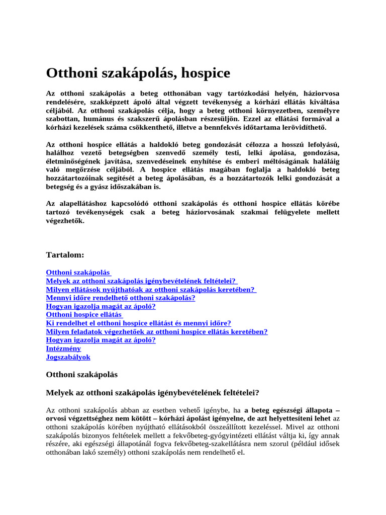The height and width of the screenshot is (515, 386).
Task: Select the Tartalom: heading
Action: click(65, 255)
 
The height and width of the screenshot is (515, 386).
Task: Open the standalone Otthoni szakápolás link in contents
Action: click(78, 272)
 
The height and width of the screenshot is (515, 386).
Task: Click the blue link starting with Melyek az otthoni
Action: click(141, 281)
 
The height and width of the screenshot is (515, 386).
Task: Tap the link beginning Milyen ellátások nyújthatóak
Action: click(151, 289)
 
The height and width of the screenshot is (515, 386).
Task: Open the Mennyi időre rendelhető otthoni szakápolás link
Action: click(121, 298)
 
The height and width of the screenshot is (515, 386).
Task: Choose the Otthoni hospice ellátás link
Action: click(85, 315)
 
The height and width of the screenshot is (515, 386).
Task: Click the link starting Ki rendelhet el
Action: click(138, 323)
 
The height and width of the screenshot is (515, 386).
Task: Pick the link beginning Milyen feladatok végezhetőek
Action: click(157, 331)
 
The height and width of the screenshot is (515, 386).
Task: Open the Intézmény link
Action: click(63, 349)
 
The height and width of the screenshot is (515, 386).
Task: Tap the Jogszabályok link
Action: click(68, 357)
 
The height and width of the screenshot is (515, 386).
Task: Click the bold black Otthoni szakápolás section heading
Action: click(81, 375)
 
